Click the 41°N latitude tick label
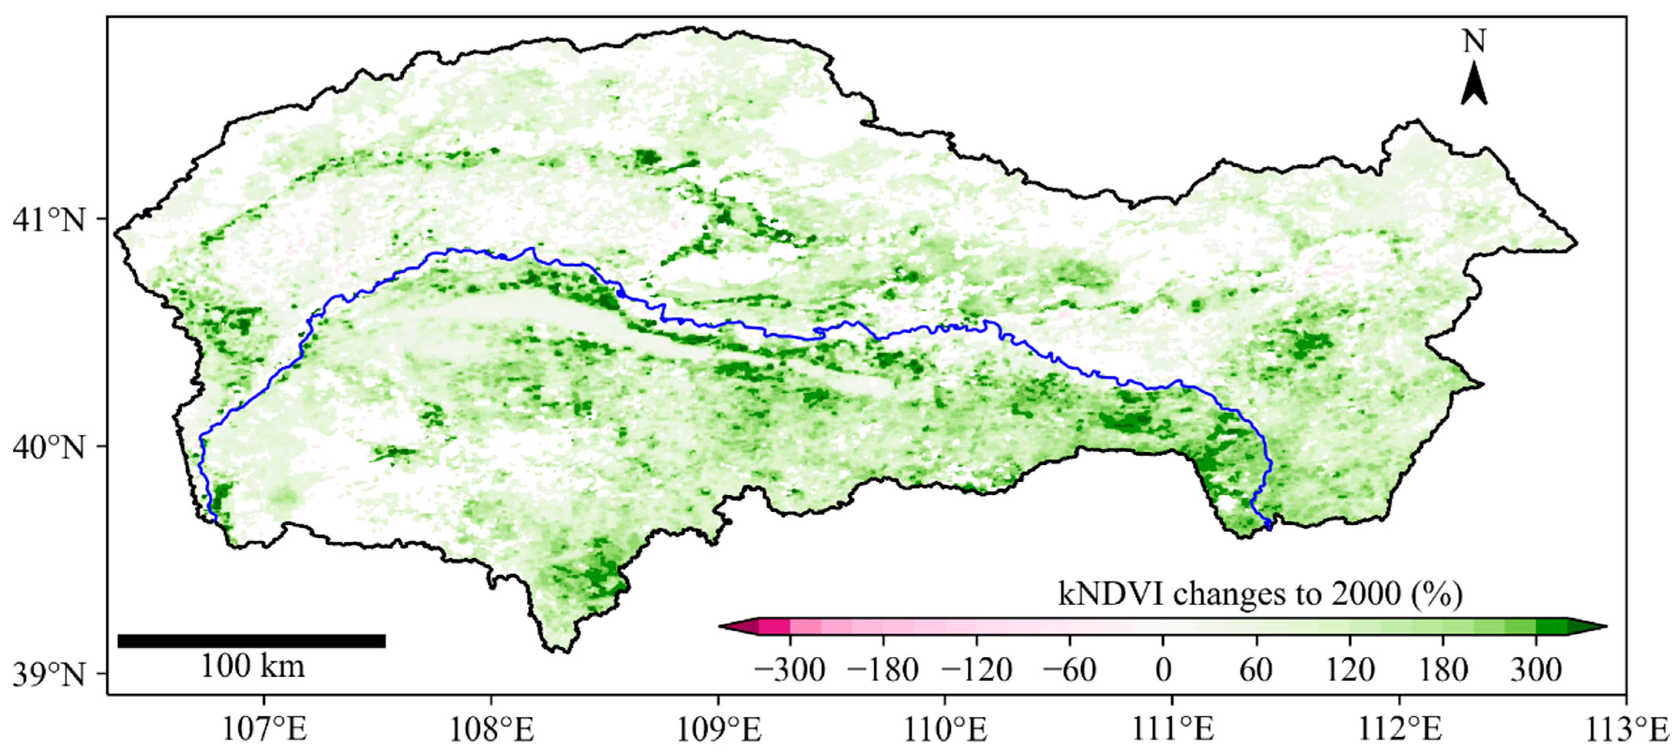click(x=49, y=221)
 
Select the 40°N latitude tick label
click(x=49, y=448)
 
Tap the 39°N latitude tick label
click(x=49, y=675)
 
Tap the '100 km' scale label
click(x=252, y=667)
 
